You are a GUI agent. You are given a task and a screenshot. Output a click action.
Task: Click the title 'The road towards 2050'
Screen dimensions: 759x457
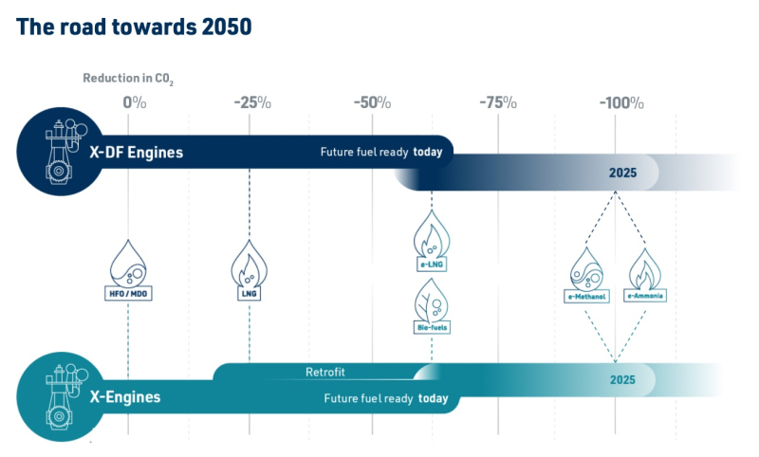tap(134, 27)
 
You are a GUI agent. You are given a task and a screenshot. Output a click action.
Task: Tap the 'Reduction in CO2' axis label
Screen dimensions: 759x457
tap(128, 79)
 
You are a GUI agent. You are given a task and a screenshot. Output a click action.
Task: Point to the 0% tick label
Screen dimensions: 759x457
tap(134, 102)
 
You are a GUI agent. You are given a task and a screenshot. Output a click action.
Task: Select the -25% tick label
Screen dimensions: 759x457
tap(252, 102)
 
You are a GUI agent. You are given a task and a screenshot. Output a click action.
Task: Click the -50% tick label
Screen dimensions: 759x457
tap(372, 102)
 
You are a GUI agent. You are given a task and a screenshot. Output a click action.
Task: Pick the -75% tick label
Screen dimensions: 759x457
tap(498, 102)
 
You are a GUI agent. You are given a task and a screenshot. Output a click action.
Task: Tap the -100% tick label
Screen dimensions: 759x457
tap(621, 102)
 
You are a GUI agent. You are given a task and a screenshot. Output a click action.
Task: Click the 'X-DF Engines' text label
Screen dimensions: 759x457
tap(137, 153)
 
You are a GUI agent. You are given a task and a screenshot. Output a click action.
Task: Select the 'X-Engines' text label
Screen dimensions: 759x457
tap(125, 397)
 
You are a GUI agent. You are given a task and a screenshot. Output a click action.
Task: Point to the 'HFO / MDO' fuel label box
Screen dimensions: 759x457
tap(128, 294)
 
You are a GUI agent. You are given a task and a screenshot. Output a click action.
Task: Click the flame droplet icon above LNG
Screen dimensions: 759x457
tap(250, 263)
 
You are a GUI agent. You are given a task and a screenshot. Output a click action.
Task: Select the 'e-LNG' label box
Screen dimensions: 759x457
tap(432, 265)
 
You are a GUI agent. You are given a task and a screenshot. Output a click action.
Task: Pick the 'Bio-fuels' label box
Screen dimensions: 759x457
tap(433, 327)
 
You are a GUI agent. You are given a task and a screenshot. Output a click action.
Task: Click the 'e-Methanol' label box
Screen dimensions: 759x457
tap(586, 297)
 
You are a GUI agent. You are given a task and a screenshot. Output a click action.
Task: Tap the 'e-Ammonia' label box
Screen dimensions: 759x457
tap(645, 296)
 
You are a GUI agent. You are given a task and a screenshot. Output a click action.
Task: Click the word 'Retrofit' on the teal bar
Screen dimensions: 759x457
tap(325, 372)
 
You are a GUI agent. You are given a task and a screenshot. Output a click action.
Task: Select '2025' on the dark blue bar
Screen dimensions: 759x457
tap(622, 173)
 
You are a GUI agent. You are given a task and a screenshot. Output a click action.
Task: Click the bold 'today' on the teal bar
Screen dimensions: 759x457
tap(434, 398)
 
